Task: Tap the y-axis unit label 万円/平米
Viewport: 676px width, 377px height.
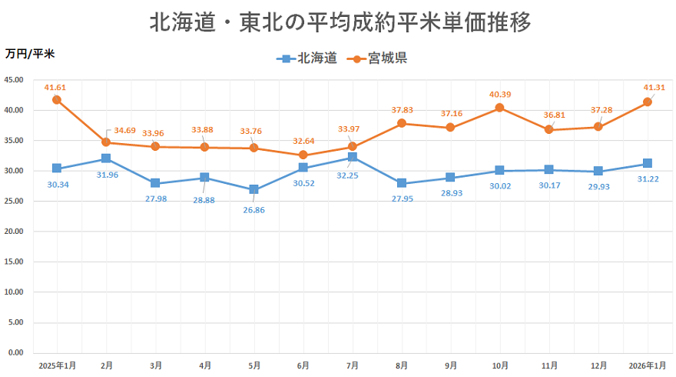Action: [29, 54]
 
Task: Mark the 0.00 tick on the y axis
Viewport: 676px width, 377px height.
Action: [16, 353]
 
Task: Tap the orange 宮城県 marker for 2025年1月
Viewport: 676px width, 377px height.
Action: [57, 100]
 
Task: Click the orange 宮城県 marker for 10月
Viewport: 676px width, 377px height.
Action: [499, 108]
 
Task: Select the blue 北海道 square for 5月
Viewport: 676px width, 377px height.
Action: [253, 189]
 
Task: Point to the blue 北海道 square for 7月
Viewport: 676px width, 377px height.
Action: [352, 157]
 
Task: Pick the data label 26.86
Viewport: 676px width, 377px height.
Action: [253, 209]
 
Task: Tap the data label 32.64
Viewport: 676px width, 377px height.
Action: [303, 141]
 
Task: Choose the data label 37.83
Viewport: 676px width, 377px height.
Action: [402, 110]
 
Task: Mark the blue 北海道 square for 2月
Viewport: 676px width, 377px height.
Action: [106, 158]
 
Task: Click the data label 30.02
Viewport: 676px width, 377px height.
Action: [499, 185]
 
